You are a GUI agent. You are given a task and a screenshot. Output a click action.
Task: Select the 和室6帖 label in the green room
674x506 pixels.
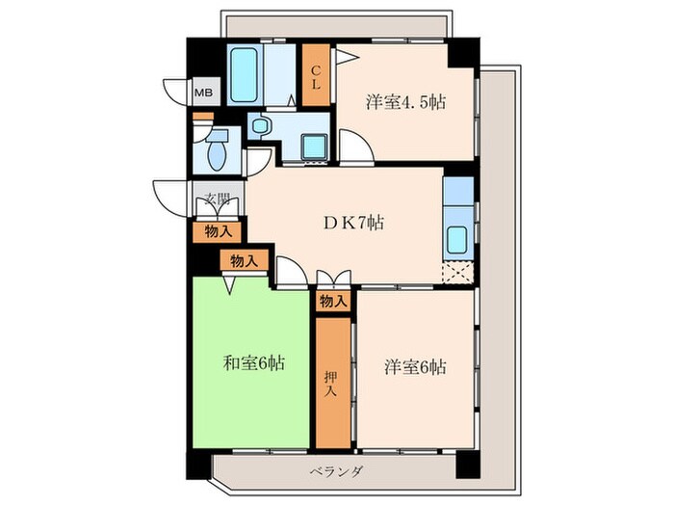254,363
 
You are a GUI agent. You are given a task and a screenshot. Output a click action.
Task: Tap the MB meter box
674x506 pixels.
205,93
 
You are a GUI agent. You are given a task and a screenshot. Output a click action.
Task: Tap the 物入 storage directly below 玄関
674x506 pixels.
219,231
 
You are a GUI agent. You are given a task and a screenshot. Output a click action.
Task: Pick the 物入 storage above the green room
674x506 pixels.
244,260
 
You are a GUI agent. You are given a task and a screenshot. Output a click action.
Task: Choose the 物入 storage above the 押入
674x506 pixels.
332,302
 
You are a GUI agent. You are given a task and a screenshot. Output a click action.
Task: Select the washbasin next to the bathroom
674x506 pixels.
261,124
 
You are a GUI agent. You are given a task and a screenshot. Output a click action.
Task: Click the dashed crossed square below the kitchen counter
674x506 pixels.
456,272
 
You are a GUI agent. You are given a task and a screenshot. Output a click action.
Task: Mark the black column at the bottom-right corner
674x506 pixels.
466,464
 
